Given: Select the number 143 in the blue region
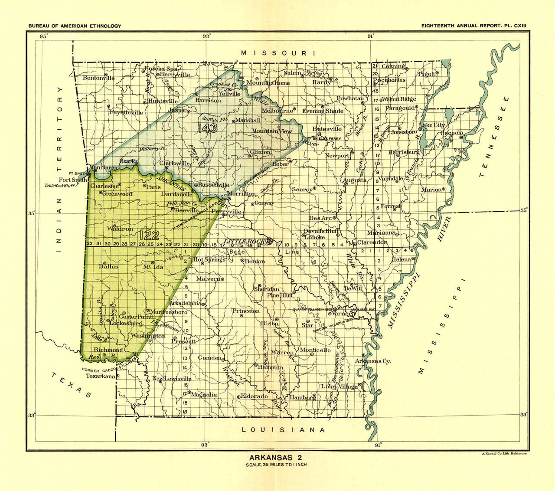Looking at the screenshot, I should [x=206, y=128].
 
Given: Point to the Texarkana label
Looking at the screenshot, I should [x=100, y=376].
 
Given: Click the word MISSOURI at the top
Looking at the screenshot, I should [x=278, y=53].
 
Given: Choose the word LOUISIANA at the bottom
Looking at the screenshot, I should [x=284, y=430].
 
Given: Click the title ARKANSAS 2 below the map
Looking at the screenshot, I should [x=276, y=457].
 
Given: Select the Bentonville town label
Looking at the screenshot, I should [x=98, y=78].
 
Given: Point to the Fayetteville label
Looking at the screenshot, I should [x=126, y=112].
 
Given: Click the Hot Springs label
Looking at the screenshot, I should [x=209, y=259].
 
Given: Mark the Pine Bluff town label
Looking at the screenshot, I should [x=279, y=295].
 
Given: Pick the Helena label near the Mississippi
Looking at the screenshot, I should [x=401, y=259].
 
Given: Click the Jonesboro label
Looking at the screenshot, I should [x=404, y=132].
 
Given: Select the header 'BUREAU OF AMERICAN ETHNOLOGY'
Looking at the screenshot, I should [x=75, y=26].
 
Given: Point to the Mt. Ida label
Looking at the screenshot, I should [x=153, y=267].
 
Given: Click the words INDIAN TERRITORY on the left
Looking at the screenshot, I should [x=60, y=169].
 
